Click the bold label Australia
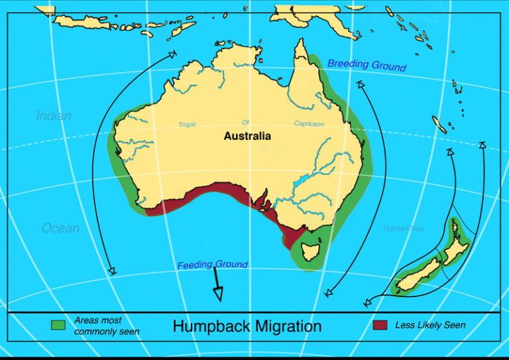[x=247, y=137]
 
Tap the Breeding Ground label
[x=367, y=66]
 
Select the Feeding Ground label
[x=212, y=265]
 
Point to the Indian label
[x=54, y=116]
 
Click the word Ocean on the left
[x=60, y=228]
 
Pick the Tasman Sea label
[x=402, y=229]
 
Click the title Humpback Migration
[x=247, y=326]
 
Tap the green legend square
[x=58, y=325]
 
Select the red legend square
[x=380, y=325]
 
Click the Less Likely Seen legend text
[x=430, y=325]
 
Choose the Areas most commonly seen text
[x=106, y=326]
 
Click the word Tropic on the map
[x=188, y=124]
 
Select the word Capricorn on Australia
[x=310, y=124]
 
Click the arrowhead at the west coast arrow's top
[x=172, y=54]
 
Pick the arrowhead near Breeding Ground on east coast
[x=360, y=84]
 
